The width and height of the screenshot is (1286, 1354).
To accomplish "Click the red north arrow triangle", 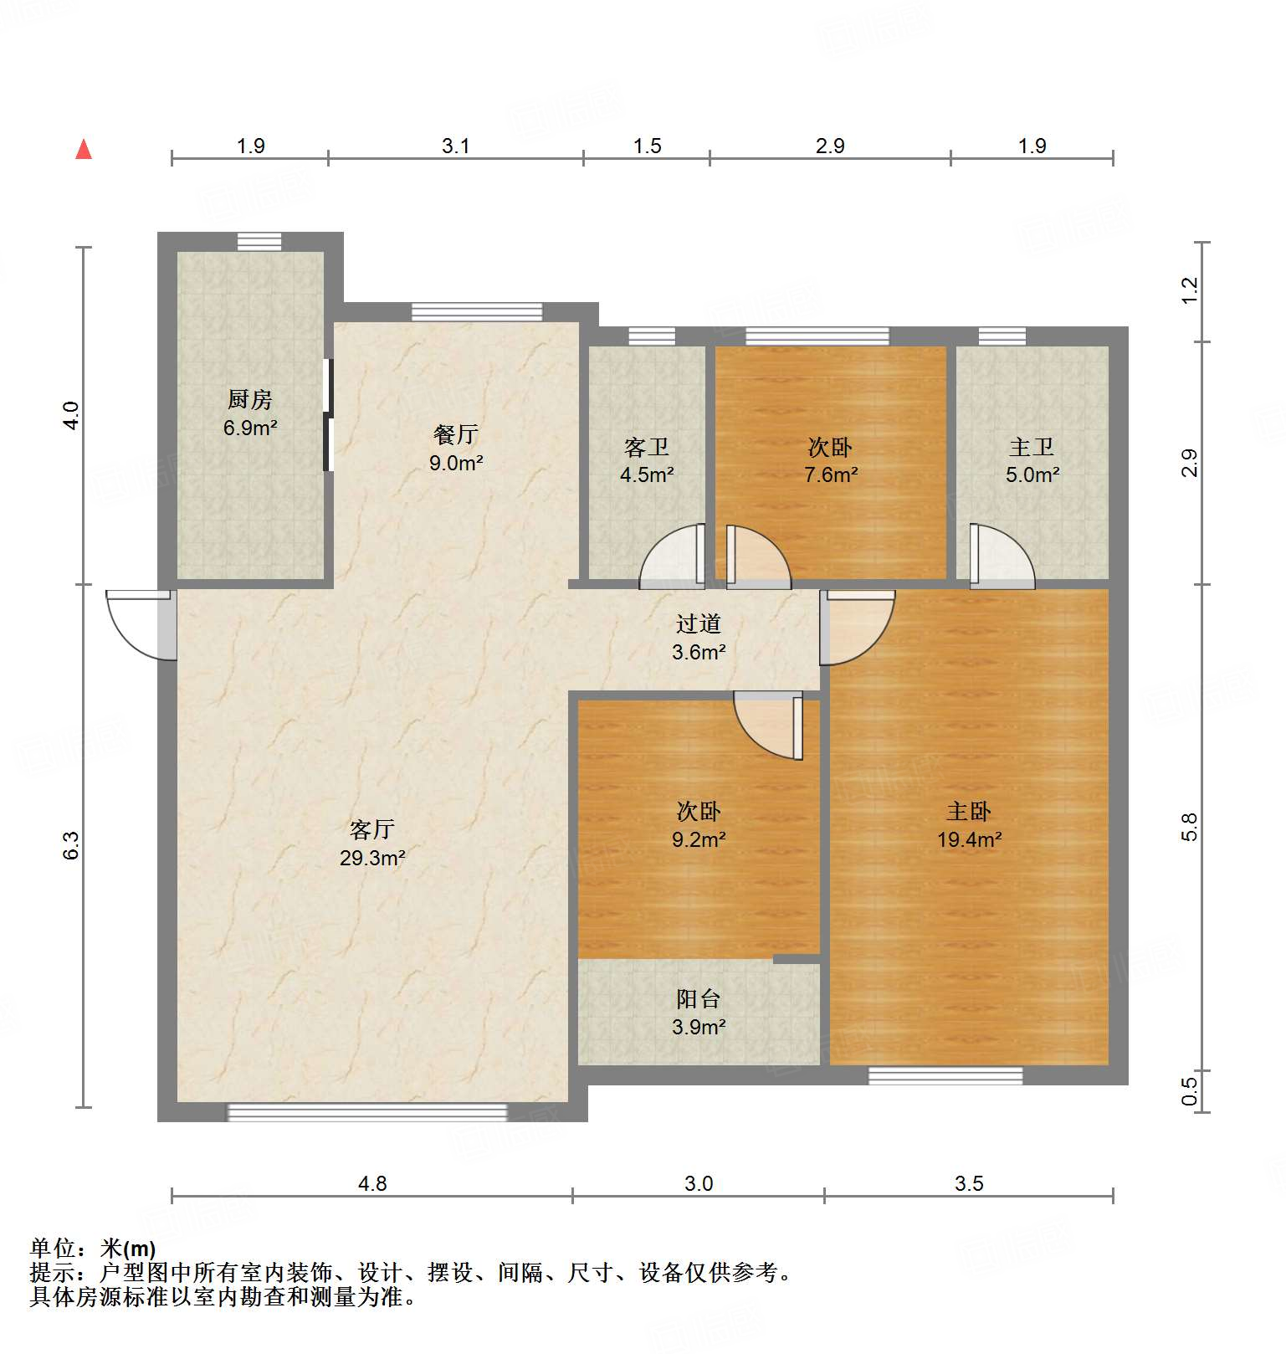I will pos(84,150).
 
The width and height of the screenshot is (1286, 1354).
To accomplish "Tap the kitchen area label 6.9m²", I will pos(250,428).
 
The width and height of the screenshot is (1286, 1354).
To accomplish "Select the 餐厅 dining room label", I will pos(456,434).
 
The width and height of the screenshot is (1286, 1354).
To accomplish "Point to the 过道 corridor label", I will pos(699,623).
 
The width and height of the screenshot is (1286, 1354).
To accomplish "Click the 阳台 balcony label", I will pos(699,998).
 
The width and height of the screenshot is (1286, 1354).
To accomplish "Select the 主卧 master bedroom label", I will pos(969,811).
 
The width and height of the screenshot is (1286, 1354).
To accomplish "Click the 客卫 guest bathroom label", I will pos(647,448).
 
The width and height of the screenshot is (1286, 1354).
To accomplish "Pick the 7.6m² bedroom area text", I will pos(831,475).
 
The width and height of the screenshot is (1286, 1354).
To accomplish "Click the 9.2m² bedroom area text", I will pos(699,839).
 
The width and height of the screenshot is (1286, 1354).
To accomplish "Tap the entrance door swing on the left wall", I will pos(138,623).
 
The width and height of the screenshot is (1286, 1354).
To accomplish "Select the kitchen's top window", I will pos(259,241).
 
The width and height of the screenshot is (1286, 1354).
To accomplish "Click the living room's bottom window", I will pos(367,1112).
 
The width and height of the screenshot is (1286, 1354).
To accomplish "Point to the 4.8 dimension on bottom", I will pos(372,1183).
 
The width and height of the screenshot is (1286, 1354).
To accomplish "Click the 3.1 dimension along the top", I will pos(456,146).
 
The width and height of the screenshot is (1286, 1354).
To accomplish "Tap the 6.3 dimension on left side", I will pos(71,845).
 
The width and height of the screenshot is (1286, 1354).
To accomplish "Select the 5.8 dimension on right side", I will pos(1190,827).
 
